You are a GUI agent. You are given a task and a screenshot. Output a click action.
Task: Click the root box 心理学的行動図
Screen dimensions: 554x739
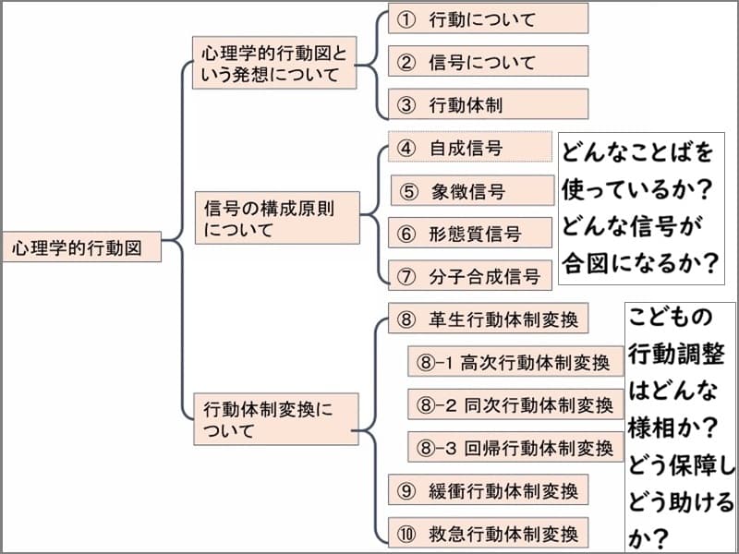click(81, 247)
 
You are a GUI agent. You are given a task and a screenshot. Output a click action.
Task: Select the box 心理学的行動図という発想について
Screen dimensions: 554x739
click(273, 64)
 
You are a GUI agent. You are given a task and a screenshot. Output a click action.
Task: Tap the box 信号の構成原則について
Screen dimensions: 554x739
click(277, 218)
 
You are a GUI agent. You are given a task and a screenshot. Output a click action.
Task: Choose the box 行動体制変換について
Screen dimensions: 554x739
click(273, 418)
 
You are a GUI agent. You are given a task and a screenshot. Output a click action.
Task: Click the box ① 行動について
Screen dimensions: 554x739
click(488, 18)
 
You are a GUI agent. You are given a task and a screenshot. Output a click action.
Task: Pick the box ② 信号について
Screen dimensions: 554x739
click(488, 62)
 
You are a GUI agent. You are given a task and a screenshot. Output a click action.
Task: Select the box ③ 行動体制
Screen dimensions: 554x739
click(488, 104)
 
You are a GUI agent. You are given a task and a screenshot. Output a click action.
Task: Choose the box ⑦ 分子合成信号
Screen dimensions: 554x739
click(470, 274)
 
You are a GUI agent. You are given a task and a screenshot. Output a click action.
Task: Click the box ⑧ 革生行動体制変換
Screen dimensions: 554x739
click(488, 319)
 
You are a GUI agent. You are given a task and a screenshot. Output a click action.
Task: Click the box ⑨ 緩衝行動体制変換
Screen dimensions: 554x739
click(488, 490)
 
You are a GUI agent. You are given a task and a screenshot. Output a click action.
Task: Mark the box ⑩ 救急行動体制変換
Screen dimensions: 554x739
click(488, 533)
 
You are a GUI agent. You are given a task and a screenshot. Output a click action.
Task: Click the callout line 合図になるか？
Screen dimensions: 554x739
click(640, 264)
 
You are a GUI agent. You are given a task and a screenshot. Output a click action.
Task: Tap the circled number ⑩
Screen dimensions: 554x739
click(406, 533)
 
